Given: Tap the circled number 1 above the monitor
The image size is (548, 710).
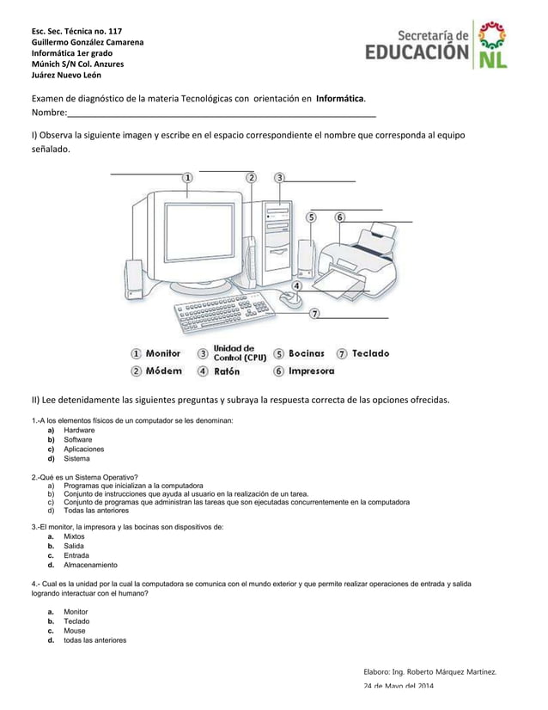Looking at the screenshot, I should (187, 177).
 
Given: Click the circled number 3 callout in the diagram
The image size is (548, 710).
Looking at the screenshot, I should (280, 177).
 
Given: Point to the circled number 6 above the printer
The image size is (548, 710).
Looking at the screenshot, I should (340, 217).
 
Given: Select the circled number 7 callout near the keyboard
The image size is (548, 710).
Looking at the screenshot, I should (315, 314).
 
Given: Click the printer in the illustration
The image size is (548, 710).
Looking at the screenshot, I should (356, 262).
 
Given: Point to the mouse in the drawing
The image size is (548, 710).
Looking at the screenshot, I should (292, 298).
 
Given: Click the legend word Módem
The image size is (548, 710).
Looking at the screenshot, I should (163, 371).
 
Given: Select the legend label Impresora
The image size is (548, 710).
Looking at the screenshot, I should (311, 371).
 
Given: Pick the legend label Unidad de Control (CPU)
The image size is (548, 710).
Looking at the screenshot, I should (240, 352).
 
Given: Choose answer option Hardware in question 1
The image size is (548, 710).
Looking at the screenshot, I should (79, 430).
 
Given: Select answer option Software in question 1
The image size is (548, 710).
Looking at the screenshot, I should (78, 439).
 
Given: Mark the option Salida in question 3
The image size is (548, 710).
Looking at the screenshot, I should (76, 547).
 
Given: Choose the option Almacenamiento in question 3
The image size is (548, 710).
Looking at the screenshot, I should (91, 566).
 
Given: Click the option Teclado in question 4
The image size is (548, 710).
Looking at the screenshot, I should (77, 621).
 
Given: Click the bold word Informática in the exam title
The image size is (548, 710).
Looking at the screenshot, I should (340, 99).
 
